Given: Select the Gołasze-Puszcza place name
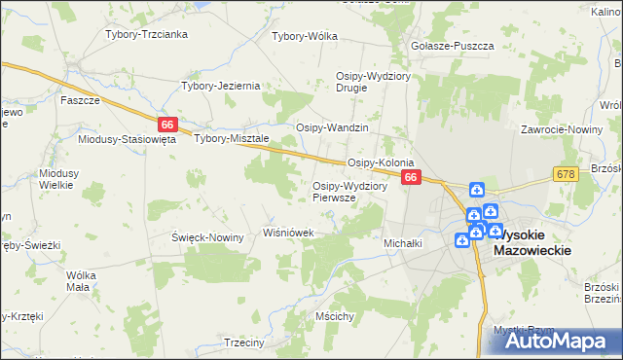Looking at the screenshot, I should tap(453, 46).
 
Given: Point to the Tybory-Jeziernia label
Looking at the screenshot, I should tap(221, 86).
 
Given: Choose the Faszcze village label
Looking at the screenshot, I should tap(80, 100).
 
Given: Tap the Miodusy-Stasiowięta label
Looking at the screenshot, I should tap(127, 139).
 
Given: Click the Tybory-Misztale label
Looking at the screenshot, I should tap(232, 138).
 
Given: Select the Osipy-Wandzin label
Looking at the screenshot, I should tap(332, 128).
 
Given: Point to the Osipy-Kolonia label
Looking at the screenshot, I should tap(382, 162).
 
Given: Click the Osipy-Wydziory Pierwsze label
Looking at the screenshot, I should tap(349, 191).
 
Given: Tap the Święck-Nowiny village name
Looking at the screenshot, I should tap(207, 237).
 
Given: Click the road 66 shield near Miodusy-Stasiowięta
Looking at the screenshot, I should tap(167, 125).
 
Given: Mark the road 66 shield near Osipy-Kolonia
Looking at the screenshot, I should tap(411, 177).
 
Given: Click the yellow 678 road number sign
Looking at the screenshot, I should tap(566, 173).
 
